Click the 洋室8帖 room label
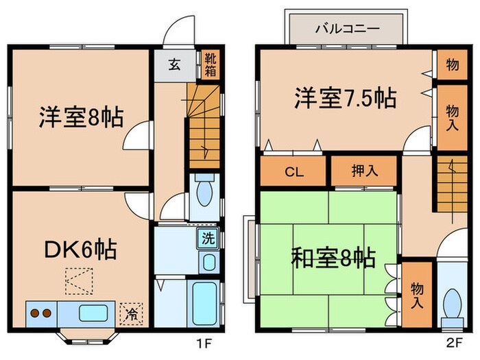pyautogui.click(x=80, y=117)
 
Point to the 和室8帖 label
pyautogui.click(x=333, y=259)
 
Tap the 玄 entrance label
pyautogui.click(x=174, y=65)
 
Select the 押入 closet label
pyautogui.click(x=363, y=171)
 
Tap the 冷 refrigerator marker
pyautogui.click(x=130, y=314)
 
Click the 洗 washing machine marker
pyautogui.click(x=206, y=239)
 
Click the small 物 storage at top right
pyautogui.click(x=452, y=65)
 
